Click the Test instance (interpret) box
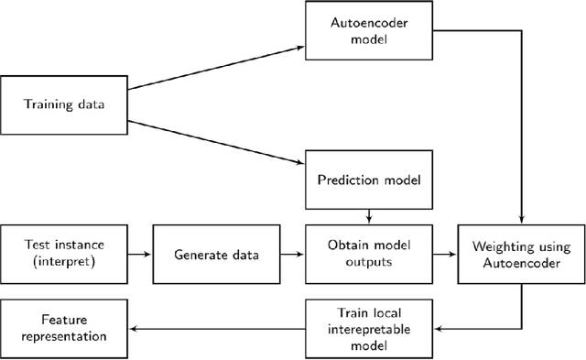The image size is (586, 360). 63,254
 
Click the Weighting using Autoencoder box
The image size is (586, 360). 521,254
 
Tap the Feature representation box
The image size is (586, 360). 63,327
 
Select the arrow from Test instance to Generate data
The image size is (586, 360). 138,254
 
